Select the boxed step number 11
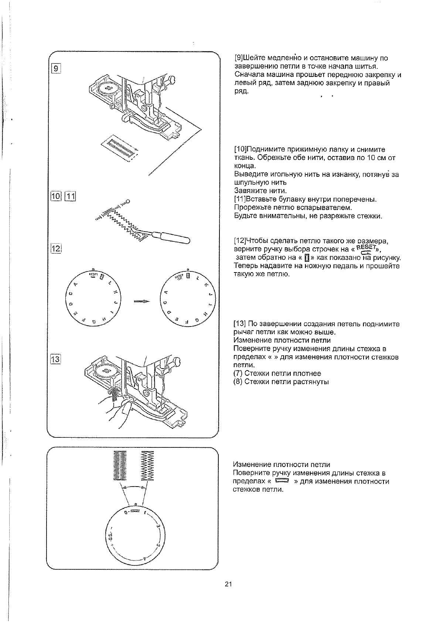click(70, 196)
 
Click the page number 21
click(228, 585)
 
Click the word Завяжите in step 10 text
click(247, 191)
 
